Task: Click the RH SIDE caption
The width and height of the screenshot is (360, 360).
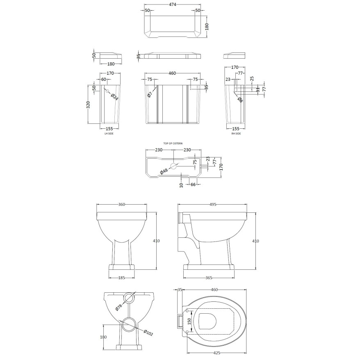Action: tap(236, 133)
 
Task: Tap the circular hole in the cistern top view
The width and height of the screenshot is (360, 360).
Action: tap(173, 166)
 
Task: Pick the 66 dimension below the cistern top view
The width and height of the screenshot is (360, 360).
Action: tap(193, 185)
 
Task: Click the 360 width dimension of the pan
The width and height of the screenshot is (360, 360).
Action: tap(121, 204)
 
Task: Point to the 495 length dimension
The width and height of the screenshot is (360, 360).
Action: tap(212, 204)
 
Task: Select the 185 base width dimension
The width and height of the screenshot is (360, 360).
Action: tap(121, 278)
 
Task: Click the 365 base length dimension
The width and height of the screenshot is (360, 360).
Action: tap(209, 278)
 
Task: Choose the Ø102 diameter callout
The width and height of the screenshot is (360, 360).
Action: tap(148, 333)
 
